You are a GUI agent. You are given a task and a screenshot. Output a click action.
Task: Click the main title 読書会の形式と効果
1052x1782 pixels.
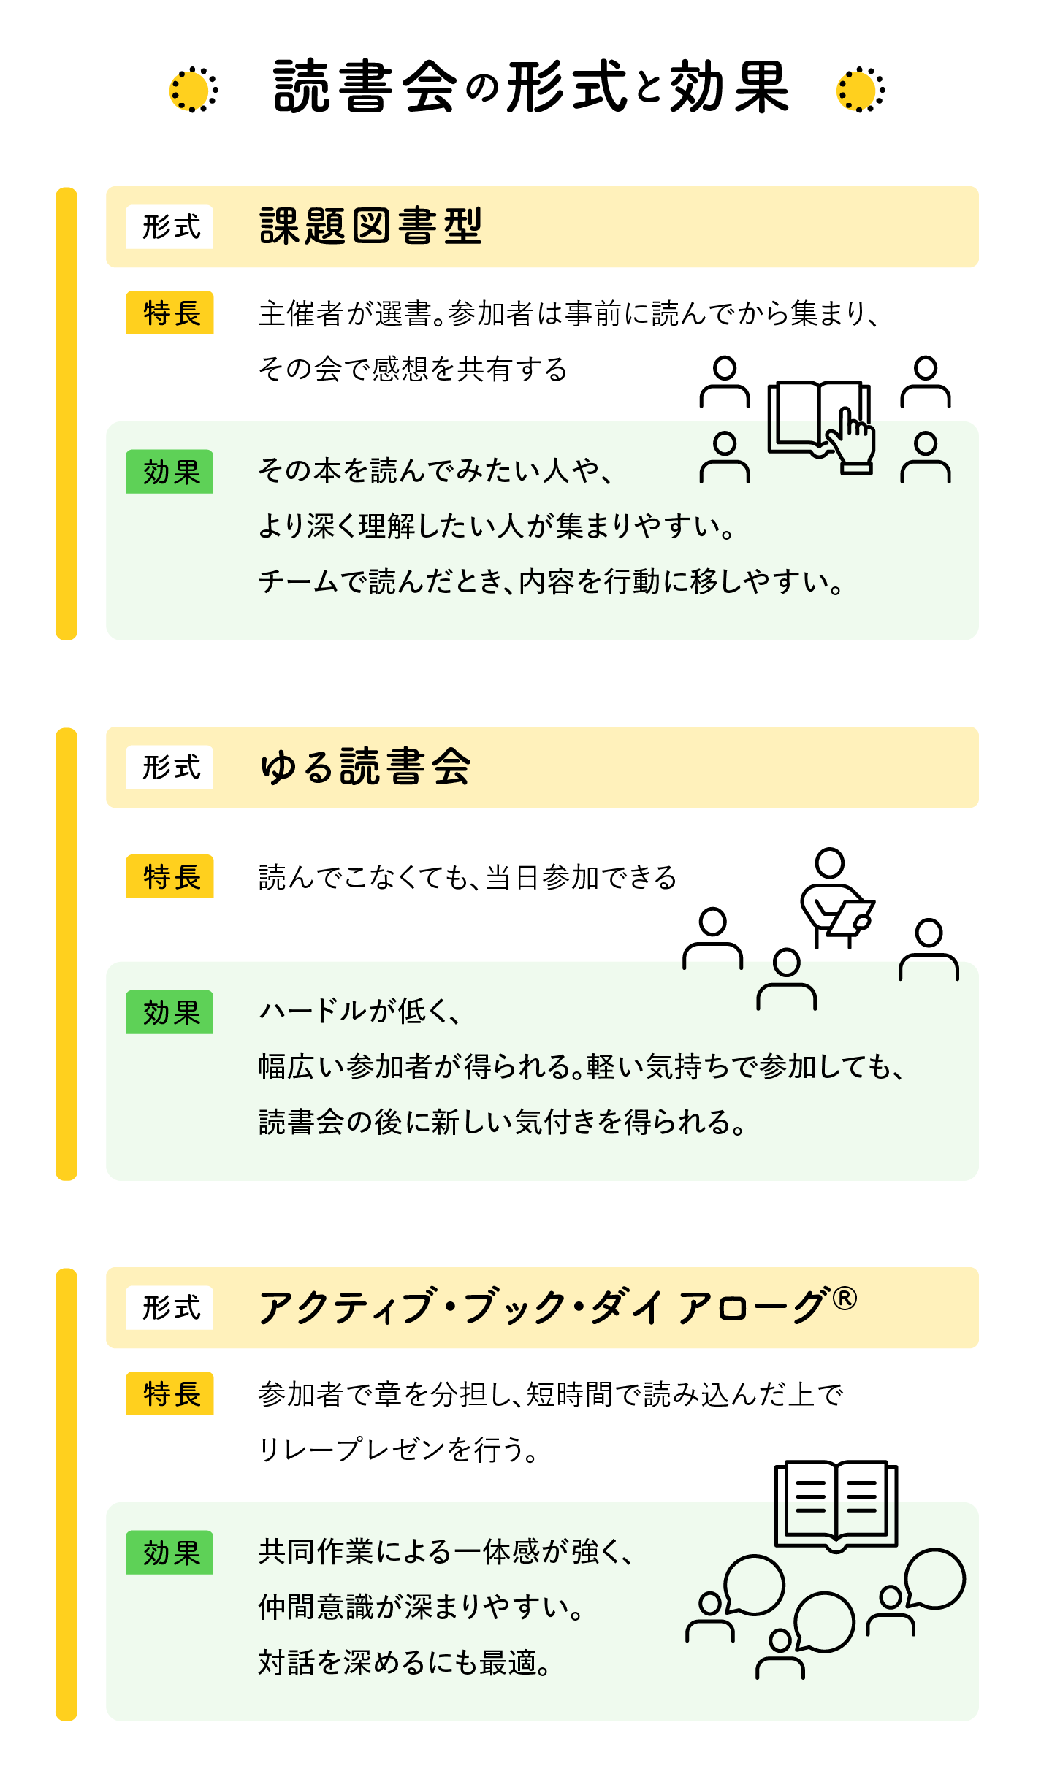[531, 88]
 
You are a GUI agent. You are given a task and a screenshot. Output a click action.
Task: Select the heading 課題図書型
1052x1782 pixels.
[371, 226]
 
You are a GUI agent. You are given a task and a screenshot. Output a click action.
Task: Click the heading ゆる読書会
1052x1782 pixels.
[365, 767]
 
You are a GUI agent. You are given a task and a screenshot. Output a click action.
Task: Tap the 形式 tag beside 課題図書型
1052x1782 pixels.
[169, 227]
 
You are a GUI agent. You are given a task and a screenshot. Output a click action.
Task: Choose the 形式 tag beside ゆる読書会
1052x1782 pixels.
[169, 768]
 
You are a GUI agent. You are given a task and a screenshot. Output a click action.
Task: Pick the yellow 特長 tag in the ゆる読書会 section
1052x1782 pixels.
[169, 876]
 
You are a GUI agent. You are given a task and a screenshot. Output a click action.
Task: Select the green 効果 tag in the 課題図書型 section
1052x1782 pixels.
[169, 472]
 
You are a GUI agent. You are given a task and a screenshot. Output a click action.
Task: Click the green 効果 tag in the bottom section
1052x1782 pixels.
[169, 1553]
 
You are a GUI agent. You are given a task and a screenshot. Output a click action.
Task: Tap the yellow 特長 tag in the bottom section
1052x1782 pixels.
[169, 1393]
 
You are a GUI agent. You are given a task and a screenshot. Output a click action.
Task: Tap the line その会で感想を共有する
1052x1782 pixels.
[413, 369]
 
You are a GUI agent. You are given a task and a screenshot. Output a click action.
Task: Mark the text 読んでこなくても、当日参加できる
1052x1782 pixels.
[468, 877]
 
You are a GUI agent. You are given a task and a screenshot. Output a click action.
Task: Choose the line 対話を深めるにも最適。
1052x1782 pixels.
[405, 1663]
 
